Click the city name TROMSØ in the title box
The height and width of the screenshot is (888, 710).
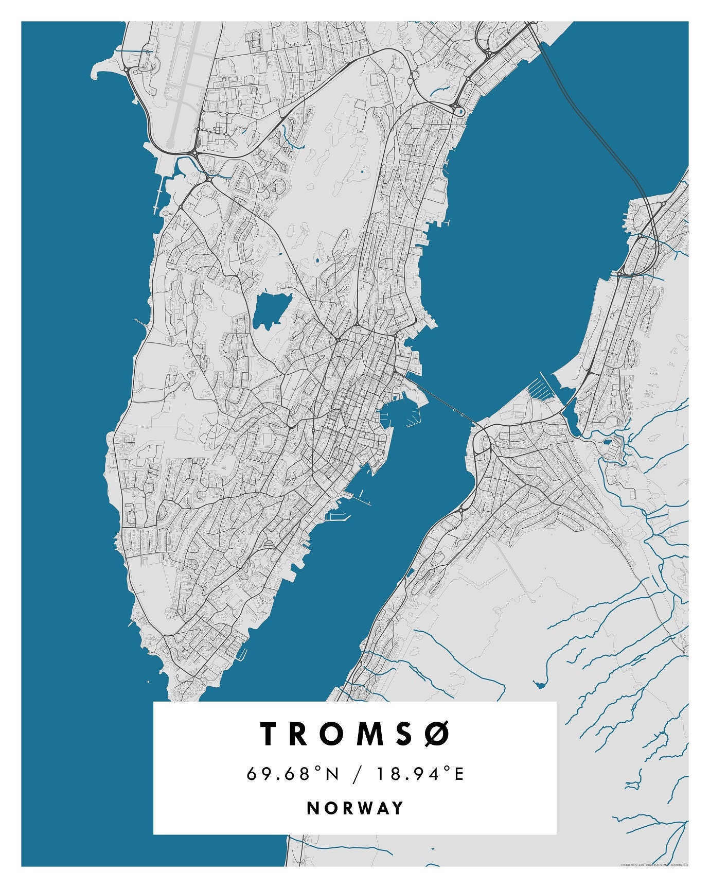(355, 734)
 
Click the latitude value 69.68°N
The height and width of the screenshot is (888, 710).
(293, 774)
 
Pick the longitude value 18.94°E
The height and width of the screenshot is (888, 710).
(420, 774)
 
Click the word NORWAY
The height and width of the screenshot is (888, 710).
(355, 808)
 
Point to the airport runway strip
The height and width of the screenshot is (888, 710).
(183, 77)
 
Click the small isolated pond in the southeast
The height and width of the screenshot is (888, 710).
(539, 684)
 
